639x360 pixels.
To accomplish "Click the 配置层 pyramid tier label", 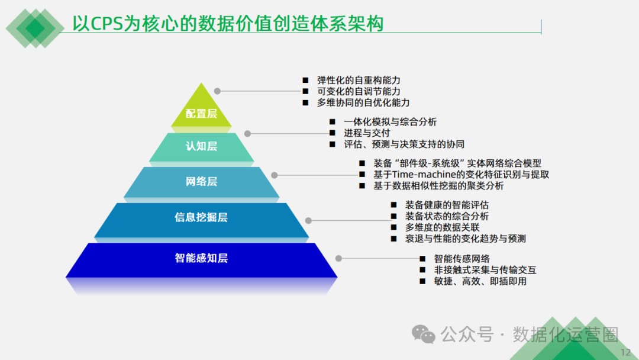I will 201,114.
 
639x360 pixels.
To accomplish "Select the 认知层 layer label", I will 201,146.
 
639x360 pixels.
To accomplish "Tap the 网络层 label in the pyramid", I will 201,182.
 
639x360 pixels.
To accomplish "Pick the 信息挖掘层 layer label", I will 201,217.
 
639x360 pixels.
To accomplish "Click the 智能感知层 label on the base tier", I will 201,258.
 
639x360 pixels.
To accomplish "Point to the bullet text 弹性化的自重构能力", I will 359,80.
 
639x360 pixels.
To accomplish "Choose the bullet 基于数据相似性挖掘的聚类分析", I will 438,186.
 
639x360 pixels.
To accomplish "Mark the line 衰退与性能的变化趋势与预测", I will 465,239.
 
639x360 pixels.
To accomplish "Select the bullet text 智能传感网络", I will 461,259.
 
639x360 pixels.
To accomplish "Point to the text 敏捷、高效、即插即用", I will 480,281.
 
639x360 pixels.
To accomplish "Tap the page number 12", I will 626,353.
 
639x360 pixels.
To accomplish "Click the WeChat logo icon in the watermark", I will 424,334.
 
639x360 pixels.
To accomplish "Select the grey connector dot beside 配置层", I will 217,91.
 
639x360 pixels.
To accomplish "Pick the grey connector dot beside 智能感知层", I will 338,258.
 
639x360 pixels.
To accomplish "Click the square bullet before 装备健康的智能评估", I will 393,205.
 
